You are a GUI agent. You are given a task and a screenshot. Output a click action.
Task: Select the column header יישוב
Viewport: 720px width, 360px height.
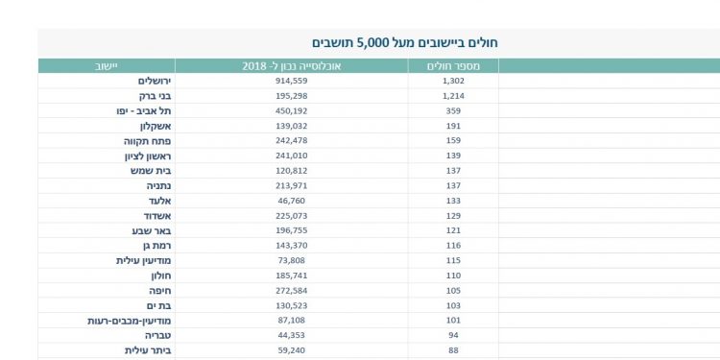(x=106, y=66)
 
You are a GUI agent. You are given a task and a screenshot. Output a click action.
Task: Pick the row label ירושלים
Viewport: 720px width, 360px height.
(x=137, y=82)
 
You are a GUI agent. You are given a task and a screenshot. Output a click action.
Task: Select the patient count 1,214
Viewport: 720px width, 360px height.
(x=453, y=97)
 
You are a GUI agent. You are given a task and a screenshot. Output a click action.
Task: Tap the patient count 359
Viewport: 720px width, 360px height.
(x=453, y=111)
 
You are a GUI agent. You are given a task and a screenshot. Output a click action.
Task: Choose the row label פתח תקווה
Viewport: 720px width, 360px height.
(x=134, y=141)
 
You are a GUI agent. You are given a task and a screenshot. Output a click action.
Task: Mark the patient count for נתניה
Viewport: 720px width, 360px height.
(x=453, y=185)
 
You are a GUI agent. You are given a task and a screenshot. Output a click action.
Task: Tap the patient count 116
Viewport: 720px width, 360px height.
(x=453, y=246)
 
